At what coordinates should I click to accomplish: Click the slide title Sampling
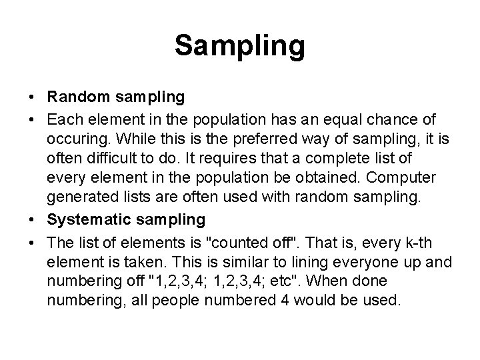[x=240, y=46]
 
